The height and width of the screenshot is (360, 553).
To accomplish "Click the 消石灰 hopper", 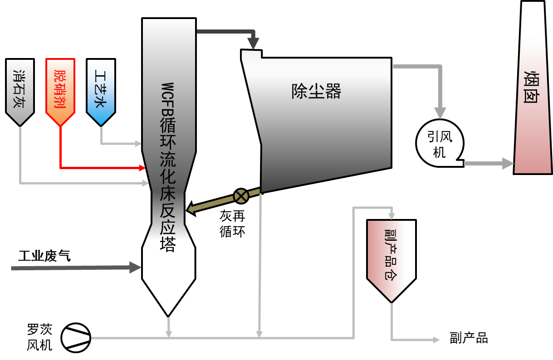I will coord(20,91).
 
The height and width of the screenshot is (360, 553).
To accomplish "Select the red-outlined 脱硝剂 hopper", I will coord(60,91).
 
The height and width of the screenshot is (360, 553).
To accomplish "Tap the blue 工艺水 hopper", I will coord(101,91).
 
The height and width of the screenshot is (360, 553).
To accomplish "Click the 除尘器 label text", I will coord(316,92).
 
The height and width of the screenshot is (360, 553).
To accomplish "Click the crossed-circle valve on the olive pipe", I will coord(241,196).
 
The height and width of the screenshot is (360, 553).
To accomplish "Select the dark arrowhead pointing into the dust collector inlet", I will coord(253,44).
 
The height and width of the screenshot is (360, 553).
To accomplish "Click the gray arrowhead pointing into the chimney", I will coord(508,163).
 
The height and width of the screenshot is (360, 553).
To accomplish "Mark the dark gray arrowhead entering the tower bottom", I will coord(135,268).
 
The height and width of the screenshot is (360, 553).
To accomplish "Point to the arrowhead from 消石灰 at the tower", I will coord(146,183).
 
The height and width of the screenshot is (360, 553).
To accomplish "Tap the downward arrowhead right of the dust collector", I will coord(440,113).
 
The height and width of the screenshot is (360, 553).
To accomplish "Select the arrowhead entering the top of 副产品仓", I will coord(392,216).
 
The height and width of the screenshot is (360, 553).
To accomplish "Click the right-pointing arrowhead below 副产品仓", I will coord(436,340).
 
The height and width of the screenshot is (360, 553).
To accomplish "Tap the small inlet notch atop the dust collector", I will coord(251,55).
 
